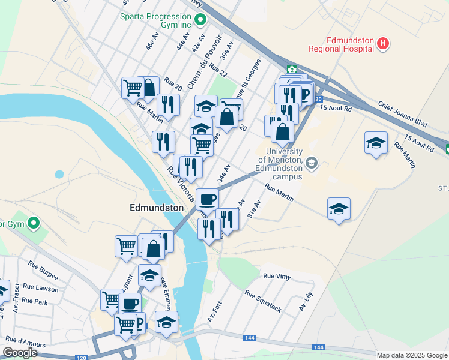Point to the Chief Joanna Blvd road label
[x=402, y=113]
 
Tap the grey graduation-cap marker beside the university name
[x=311, y=163]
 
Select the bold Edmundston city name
[x=157, y=207]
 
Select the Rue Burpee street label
[x=43, y=271]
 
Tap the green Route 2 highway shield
[x=291, y=69]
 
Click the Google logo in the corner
[x=20, y=353]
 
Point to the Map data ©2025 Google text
[x=412, y=355]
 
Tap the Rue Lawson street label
[x=43, y=289]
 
